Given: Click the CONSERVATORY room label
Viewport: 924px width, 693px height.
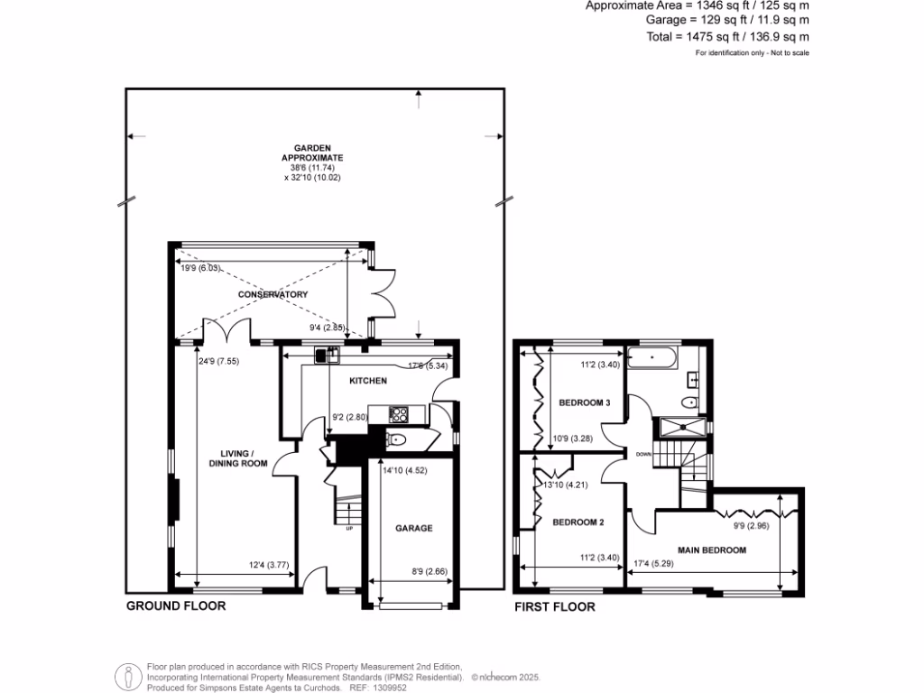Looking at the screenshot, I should click(273, 295).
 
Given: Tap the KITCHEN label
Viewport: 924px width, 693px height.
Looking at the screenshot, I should click(368, 381).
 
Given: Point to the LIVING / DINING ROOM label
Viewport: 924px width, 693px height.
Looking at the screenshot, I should click(233, 458).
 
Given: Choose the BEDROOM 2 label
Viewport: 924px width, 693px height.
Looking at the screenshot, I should click(577, 522).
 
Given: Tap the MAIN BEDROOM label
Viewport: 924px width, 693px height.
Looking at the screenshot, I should click(712, 550).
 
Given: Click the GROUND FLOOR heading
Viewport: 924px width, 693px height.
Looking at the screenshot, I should click(175, 606).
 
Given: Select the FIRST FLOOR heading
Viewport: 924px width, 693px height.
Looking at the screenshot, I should click(555, 607).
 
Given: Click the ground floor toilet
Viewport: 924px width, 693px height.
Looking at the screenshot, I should click(396, 439).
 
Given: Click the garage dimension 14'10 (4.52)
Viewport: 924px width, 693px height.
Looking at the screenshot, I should click(405, 470).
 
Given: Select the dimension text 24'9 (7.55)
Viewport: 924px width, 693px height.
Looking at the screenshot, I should click(218, 362).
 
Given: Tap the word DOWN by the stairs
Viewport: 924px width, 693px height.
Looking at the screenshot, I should click(643, 453).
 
